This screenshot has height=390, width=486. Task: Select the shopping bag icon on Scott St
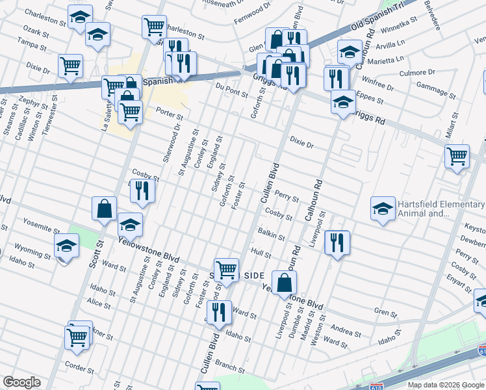tap(104, 209)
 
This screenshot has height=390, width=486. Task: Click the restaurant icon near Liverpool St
tap(337, 243)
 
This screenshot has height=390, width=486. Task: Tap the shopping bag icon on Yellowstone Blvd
tap(284, 283)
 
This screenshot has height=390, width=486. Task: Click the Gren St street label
tap(385, 314)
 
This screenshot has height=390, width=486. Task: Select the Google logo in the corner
tap(21, 382)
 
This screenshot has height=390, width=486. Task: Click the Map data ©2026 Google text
tap(445, 385)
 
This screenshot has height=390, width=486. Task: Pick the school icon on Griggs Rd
tap(343, 102)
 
